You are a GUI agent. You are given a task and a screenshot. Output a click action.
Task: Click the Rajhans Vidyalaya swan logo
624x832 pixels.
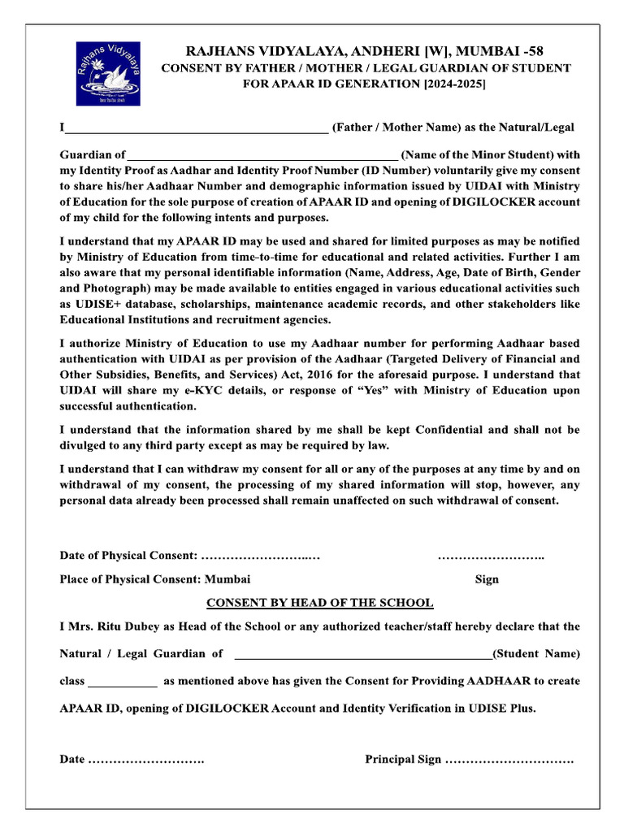tap(109, 73)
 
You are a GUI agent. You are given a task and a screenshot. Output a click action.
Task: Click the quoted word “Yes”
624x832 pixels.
tap(339, 391)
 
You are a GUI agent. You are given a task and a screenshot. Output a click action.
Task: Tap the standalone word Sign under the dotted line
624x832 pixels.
tap(487, 579)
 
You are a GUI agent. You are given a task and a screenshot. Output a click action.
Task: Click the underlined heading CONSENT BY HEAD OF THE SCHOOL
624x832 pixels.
tap(319, 603)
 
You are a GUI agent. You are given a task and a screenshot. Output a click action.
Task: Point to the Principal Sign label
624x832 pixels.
tap(403, 759)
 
